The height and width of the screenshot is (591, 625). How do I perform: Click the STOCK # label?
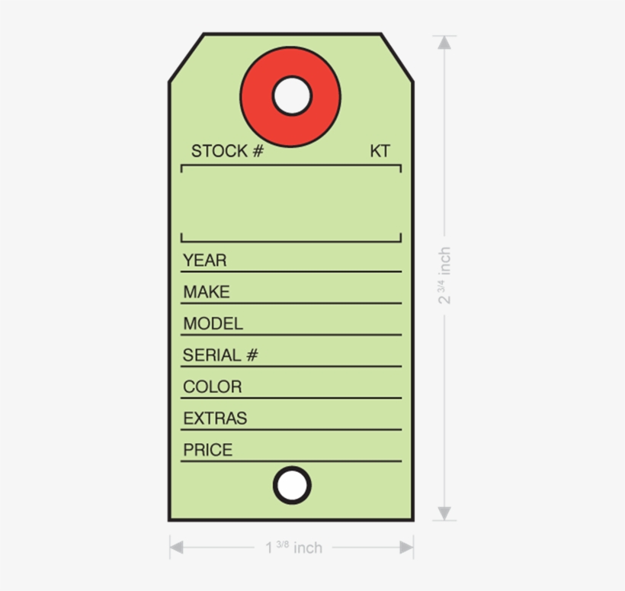pos(226,151)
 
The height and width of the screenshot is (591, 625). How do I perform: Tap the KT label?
pos(380,151)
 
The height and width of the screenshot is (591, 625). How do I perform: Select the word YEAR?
pos(204,261)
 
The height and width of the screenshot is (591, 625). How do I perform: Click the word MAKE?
pos(206,292)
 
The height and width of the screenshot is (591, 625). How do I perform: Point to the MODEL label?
pos(213,324)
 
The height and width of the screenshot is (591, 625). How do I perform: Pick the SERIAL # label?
pos(220,355)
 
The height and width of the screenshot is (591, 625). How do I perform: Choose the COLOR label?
pos(212,387)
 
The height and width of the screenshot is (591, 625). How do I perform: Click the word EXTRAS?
pos(215,419)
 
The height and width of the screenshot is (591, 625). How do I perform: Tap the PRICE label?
pos(207,450)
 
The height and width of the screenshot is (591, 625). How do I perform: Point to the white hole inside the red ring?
pos(292,96)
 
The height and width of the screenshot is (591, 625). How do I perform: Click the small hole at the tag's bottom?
pos(292,485)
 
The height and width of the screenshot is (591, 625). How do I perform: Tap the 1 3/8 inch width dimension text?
pos(293,548)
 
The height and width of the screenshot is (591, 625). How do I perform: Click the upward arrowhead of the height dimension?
pos(444,43)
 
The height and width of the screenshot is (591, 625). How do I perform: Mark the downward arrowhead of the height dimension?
pos(444,513)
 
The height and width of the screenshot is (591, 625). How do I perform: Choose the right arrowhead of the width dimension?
pos(406,547)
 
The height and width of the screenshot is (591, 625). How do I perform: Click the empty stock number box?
pos(291,204)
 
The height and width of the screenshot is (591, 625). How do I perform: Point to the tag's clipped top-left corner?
pos(186,58)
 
